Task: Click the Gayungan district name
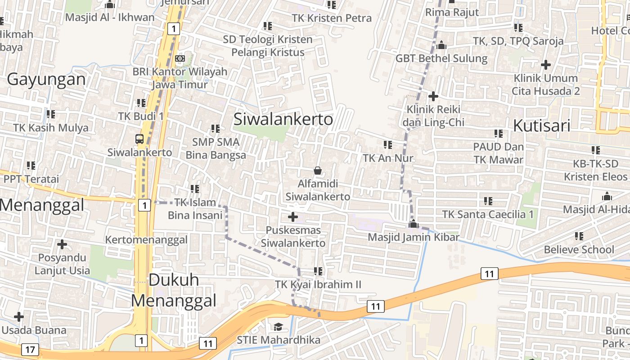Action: (x=46, y=79)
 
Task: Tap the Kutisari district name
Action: (x=542, y=126)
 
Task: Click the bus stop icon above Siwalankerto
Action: (x=139, y=139)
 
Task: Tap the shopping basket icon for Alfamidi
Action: (x=318, y=171)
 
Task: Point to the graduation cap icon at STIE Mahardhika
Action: (x=279, y=326)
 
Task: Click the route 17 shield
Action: (x=30, y=349)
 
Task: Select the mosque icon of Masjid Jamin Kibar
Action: (x=413, y=224)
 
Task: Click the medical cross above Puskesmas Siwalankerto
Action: (x=293, y=217)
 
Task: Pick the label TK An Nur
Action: (x=388, y=158)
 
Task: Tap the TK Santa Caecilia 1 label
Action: (x=488, y=214)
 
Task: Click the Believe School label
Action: (x=579, y=249)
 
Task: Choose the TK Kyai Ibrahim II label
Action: (x=318, y=284)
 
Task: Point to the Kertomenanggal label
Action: (x=146, y=239)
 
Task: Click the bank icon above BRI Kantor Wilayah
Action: (x=180, y=58)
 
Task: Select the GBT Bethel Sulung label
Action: (x=441, y=58)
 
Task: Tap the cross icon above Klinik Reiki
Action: (x=433, y=96)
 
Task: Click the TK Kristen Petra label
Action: (x=332, y=18)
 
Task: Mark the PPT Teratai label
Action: (x=31, y=179)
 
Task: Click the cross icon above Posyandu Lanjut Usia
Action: (x=62, y=245)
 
